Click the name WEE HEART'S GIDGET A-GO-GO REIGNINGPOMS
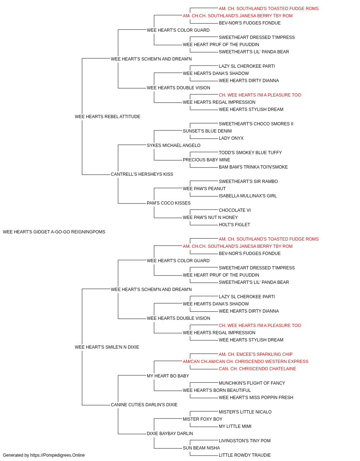coord(54,232)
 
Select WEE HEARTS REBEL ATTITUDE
coord(108,117)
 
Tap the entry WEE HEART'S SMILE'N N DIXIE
coord(107,347)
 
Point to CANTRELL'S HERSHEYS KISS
coord(142,174)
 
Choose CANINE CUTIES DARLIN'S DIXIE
coord(144,405)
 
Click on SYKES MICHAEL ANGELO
coord(174,146)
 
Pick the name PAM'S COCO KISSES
coord(169,203)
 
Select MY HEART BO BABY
coord(168,376)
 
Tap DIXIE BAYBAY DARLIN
coord(170,434)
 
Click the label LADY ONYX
coord(231,138)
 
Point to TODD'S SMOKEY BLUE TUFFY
coord(251,153)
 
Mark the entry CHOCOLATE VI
coord(235,210)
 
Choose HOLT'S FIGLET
coord(234,225)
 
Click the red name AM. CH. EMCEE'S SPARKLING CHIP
coord(256,354)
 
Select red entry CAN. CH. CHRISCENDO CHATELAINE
coord(257,369)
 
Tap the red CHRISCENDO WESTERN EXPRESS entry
coord(246,362)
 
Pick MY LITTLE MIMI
coord(235,426)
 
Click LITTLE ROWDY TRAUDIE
coord(245,455)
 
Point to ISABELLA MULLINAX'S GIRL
coord(248,196)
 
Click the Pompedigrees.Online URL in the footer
coord(58,455)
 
